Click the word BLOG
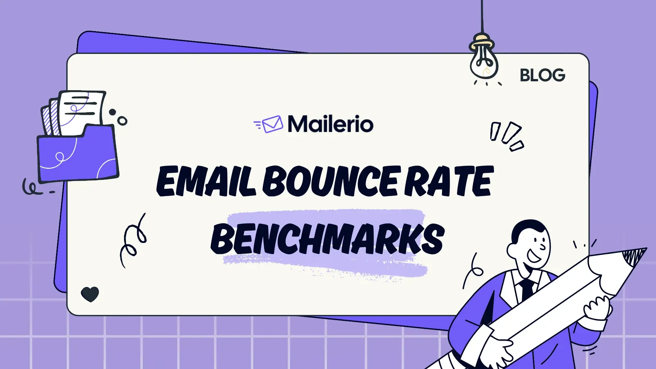[542, 75]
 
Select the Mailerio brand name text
[330, 124]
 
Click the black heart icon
[90, 294]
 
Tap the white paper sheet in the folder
[82, 109]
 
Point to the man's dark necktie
[527, 289]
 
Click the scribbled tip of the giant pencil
[634, 256]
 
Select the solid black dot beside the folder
[112, 112]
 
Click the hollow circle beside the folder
[122, 121]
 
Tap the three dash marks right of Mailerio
[506, 136]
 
